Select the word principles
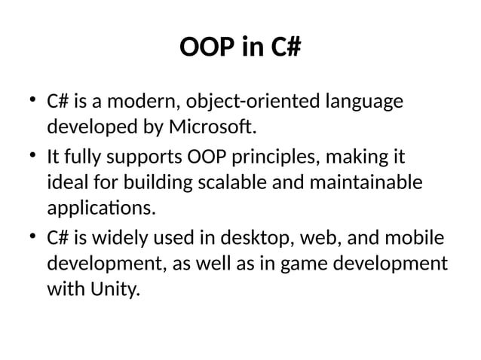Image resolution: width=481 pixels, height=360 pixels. pos(286,159)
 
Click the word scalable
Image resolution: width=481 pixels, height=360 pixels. pos(253,182)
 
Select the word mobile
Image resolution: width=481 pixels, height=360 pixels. pos(416,241)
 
